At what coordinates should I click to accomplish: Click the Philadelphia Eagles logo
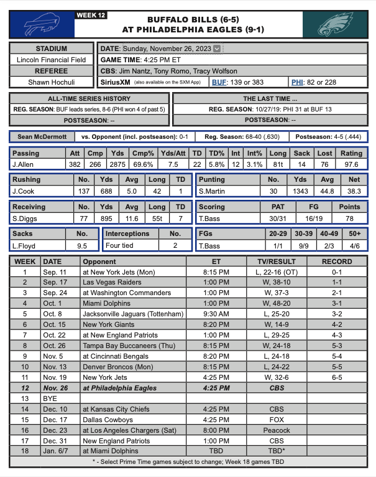[334, 24]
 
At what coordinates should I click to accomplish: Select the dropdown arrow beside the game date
[216, 49]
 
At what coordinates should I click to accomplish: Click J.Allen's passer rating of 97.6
[351, 164]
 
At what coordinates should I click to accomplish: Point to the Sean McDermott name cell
[41, 136]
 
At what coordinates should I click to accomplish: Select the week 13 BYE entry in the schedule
[46, 398]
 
